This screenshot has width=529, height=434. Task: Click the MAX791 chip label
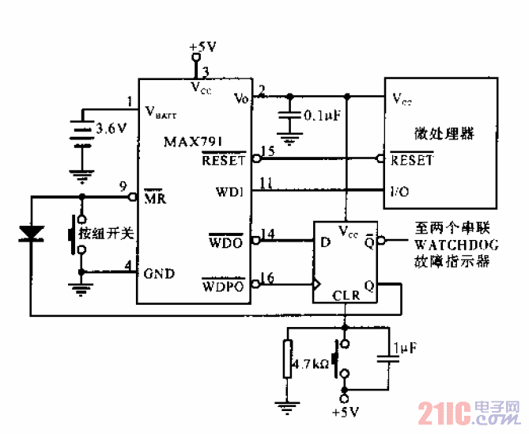pos(193,143)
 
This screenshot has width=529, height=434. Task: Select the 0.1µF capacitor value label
pos(322,116)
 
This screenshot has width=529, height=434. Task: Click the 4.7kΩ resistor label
pos(309,366)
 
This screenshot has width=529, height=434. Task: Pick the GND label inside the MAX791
pos(159,274)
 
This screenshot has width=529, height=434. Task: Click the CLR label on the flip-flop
pos(346,295)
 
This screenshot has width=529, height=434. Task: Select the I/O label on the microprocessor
pos(400,192)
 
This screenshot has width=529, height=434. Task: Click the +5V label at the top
pos(202,48)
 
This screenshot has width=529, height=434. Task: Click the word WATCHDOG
pos(456,246)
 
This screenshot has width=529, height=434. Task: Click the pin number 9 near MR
pos(122,187)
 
